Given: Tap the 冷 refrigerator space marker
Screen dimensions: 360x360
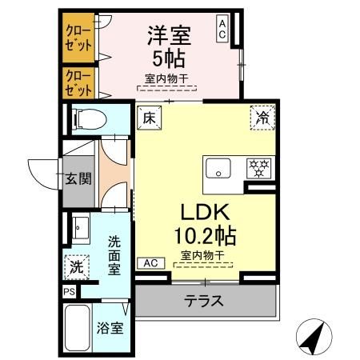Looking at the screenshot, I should [262, 117].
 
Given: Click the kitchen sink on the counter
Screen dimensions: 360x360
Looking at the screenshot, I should [218, 169].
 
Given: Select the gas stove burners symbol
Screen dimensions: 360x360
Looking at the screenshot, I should [258, 169].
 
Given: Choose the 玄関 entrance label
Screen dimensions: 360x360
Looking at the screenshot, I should [78, 178].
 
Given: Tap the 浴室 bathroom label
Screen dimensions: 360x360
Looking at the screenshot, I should [110, 328].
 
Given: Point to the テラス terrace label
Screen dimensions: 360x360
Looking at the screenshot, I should [204, 302].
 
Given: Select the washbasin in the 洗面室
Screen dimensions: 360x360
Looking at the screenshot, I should [80, 226].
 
